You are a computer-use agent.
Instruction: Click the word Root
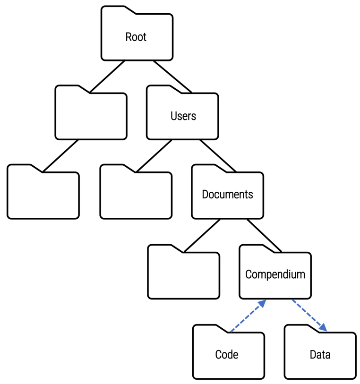click(x=136, y=37)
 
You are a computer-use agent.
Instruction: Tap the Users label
click(x=183, y=116)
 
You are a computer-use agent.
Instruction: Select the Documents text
click(x=227, y=195)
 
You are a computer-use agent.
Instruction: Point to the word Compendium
click(x=275, y=274)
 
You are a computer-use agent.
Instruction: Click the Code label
click(x=227, y=354)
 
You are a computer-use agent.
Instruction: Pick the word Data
click(x=320, y=354)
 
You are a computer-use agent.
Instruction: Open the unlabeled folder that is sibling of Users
click(x=91, y=116)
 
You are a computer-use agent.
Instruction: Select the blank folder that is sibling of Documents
click(x=136, y=195)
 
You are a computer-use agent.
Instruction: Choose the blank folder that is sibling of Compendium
click(x=183, y=274)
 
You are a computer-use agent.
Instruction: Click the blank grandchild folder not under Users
click(x=43, y=195)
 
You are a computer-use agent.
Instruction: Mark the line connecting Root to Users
click(x=172, y=76)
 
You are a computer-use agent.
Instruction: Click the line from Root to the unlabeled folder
click(x=108, y=76)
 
